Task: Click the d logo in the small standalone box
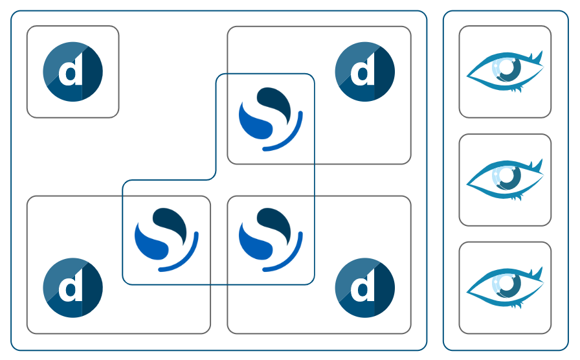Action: coord(72,71)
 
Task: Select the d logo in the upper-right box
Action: coord(365,71)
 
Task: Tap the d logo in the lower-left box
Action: coord(72,287)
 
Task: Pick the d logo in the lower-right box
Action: coord(365,287)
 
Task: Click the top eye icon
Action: coord(505,71)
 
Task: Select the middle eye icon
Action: coord(505,179)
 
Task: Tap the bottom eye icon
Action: coord(505,287)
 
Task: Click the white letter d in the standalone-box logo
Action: coord(71,73)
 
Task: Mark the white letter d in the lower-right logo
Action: coord(364,288)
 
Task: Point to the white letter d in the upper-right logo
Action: coord(364,73)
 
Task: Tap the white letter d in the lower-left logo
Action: coord(71,288)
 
